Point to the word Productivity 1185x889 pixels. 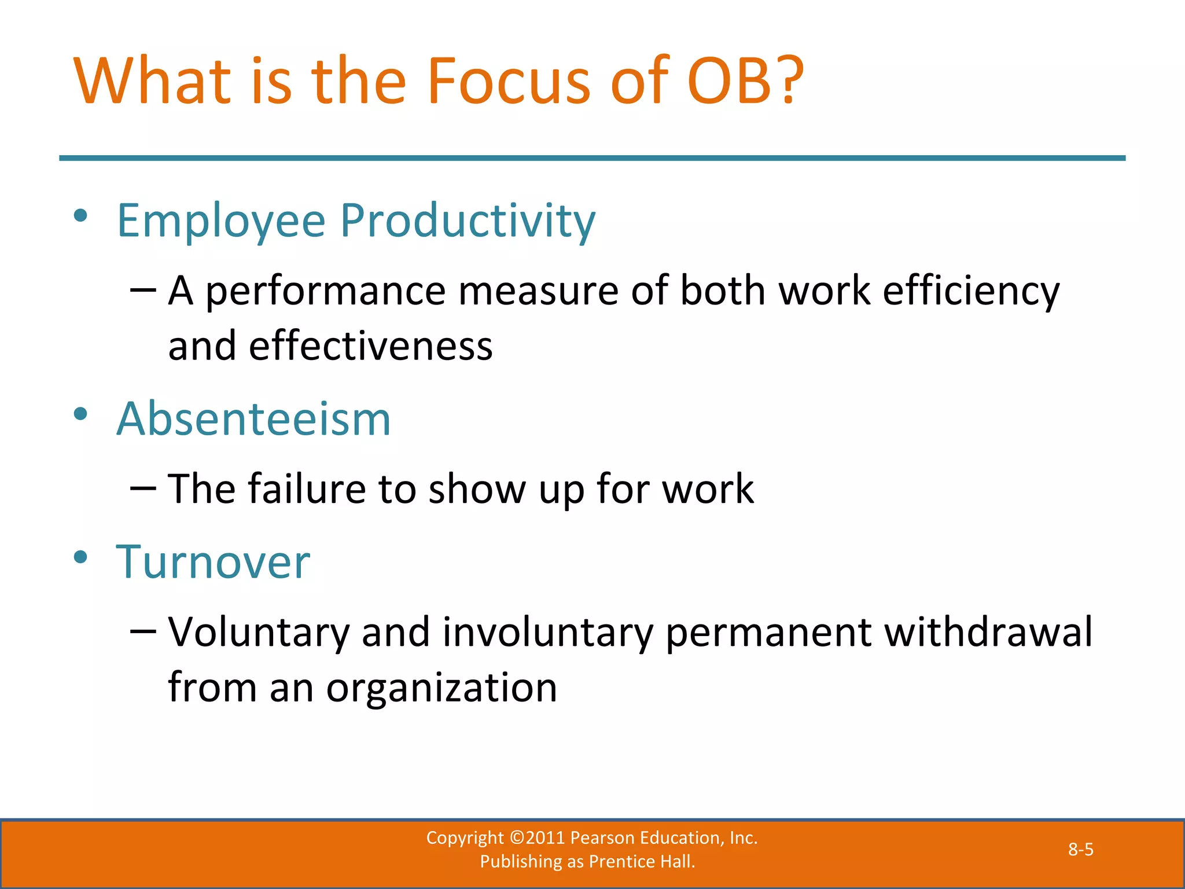[x=468, y=221]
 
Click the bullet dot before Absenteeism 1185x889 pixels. [x=80, y=413]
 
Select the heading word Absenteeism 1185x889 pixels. [x=253, y=419]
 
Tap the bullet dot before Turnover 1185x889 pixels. [x=80, y=557]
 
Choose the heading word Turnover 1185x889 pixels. [x=213, y=563]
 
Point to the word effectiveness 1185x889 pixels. [x=370, y=346]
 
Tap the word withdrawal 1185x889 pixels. [x=989, y=632]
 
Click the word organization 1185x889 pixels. [x=441, y=688]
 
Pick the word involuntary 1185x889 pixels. [x=547, y=632]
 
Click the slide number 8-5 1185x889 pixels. [x=1080, y=850]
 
